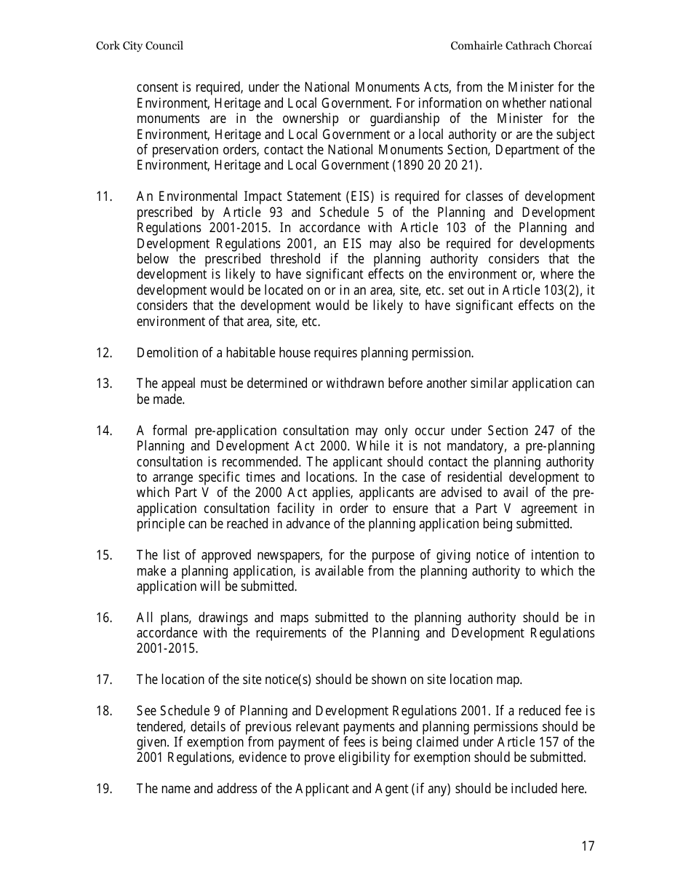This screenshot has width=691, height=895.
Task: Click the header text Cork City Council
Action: pyautogui.click(x=139, y=46)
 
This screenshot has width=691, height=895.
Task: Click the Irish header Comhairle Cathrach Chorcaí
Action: pyautogui.click(x=522, y=46)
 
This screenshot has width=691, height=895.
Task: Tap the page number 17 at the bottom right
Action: pyautogui.click(x=588, y=846)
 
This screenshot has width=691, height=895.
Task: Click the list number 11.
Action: pyautogui.click(x=103, y=196)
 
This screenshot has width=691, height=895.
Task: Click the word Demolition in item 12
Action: pyautogui.click(x=164, y=353)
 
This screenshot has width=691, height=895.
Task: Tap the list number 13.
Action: pyautogui.click(x=103, y=383)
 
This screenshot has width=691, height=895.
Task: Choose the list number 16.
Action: pyautogui.click(x=103, y=618)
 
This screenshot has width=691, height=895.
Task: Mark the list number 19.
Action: pyautogui.click(x=103, y=788)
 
